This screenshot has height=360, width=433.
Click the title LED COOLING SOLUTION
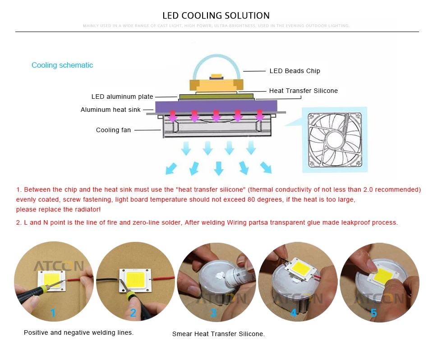point(216,15)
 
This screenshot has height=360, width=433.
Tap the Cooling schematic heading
point(62,65)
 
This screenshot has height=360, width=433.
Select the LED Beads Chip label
point(295,71)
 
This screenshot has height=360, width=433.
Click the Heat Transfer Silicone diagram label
point(303,91)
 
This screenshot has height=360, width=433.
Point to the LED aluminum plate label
point(122,97)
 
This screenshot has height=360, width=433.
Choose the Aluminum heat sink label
point(111,110)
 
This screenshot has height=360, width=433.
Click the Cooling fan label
point(113,130)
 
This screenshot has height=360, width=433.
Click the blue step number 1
point(53,312)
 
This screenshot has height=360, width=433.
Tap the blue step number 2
point(133,312)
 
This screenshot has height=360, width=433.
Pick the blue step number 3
point(213,312)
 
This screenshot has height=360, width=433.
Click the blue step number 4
point(294,312)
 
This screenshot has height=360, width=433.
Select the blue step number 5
point(373,312)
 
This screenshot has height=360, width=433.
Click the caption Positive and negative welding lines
point(78,332)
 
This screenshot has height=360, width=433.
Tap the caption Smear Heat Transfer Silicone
point(218,334)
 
